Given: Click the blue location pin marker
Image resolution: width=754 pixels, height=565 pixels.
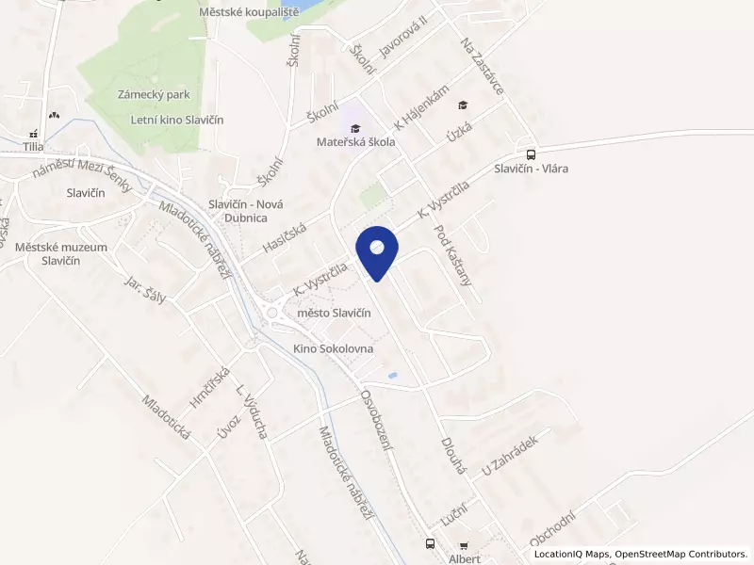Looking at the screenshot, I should click(377, 250).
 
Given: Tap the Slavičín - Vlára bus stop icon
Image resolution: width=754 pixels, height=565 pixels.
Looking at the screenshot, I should click(531, 155).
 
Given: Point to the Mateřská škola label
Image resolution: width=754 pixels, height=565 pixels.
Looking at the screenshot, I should click(355, 142).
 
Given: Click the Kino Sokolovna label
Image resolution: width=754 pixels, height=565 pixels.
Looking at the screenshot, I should click(334, 348).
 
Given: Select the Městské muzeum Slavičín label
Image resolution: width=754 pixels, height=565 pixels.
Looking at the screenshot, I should click(61, 253).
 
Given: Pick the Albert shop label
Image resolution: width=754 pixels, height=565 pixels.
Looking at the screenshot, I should click(465, 558).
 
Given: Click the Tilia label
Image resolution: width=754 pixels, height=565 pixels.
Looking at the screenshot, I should click(34, 147).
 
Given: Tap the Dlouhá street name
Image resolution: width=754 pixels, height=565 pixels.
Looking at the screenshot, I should click(453, 454).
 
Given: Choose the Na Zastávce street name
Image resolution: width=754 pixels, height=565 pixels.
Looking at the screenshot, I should click(482, 65).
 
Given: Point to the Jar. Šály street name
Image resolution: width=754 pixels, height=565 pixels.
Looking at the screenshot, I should click(145, 290).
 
